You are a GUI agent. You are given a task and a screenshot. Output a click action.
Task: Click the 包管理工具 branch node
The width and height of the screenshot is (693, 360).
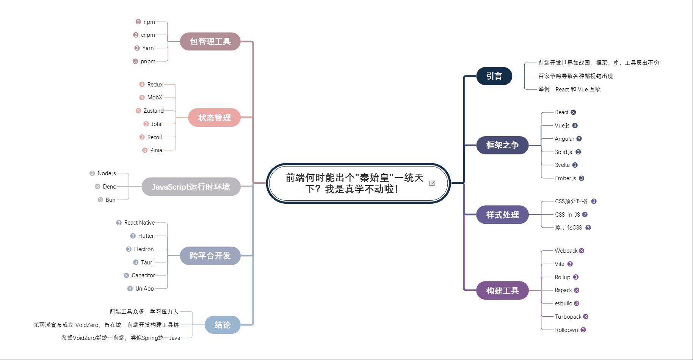[210, 41]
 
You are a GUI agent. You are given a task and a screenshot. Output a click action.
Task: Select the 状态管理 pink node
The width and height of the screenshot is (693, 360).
[214, 118]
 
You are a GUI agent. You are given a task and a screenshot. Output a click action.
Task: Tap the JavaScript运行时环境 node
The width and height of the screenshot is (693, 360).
[191, 187]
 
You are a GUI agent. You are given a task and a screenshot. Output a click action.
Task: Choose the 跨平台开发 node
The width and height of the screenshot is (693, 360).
[210, 256]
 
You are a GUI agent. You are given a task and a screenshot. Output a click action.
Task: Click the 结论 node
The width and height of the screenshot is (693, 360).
[223, 325]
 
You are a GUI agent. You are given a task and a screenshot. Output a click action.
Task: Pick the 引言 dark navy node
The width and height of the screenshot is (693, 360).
[494, 76]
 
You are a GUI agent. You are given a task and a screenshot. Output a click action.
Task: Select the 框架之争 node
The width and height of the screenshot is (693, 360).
[502, 145]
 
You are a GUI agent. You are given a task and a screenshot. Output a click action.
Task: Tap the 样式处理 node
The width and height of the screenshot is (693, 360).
[502, 215]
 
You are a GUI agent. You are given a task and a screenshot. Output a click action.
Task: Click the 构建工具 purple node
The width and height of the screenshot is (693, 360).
[502, 291]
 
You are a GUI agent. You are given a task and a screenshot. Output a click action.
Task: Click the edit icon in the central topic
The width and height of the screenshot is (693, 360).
[432, 183]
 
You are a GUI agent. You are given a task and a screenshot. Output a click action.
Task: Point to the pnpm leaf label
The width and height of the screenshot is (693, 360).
[148, 61]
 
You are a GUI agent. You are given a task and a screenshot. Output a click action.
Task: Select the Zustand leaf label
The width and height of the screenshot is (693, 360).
[154, 111]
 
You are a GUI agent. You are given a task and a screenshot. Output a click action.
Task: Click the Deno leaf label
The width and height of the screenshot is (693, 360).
[110, 187]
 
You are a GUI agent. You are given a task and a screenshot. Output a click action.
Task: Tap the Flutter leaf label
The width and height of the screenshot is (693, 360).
[146, 236]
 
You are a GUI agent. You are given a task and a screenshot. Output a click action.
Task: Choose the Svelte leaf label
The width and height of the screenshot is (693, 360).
[562, 165]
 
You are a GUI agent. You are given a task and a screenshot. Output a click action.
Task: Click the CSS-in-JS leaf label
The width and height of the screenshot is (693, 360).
[568, 215]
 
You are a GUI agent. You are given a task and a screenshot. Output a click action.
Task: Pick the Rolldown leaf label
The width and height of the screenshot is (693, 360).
[566, 330]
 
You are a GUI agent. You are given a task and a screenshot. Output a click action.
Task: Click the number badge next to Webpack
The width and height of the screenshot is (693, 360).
[582, 251]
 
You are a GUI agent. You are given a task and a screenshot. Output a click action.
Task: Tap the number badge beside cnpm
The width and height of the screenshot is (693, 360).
[136, 35]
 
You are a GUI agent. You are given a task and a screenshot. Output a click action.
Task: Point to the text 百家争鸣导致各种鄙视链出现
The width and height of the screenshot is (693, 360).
[575, 76]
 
